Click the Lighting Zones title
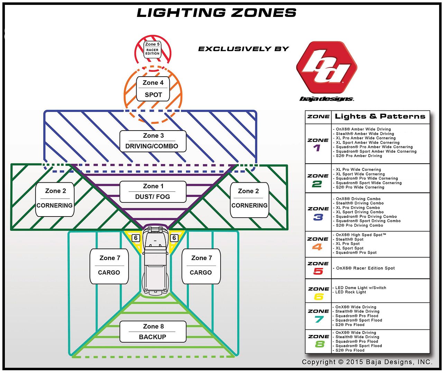pyautogui.click(x=216, y=13)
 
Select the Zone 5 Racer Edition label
pyautogui.click(x=152, y=49)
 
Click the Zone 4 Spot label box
pyautogui.click(x=153, y=89)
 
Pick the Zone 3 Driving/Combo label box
pyautogui.click(x=153, y=141)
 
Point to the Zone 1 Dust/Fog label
pyautogui.click(x=153, y=192)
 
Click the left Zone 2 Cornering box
pyautogui.click(x=55, y=199)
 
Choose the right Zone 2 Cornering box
pyautogui.click(x=249, y=200)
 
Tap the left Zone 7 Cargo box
pyautogui.click(x=109, y=266)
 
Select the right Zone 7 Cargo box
pyautogui.click(x=201, y=266)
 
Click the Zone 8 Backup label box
pyautogui.click(x=153, y=332)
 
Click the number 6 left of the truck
pyautogui.click(x=136, y=238)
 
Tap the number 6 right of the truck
pyautogui.click(x=174, y=238)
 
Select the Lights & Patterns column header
pyautogui.click(x=380, y=117)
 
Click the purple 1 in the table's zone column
pyautogui.click(x=317, y=148)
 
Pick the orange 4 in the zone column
pyautogui.click(x=317, y=247)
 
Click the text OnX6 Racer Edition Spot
pyautogui.click(x=365, y=268)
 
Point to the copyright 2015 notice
pyautogui.click(x=367, y=362)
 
